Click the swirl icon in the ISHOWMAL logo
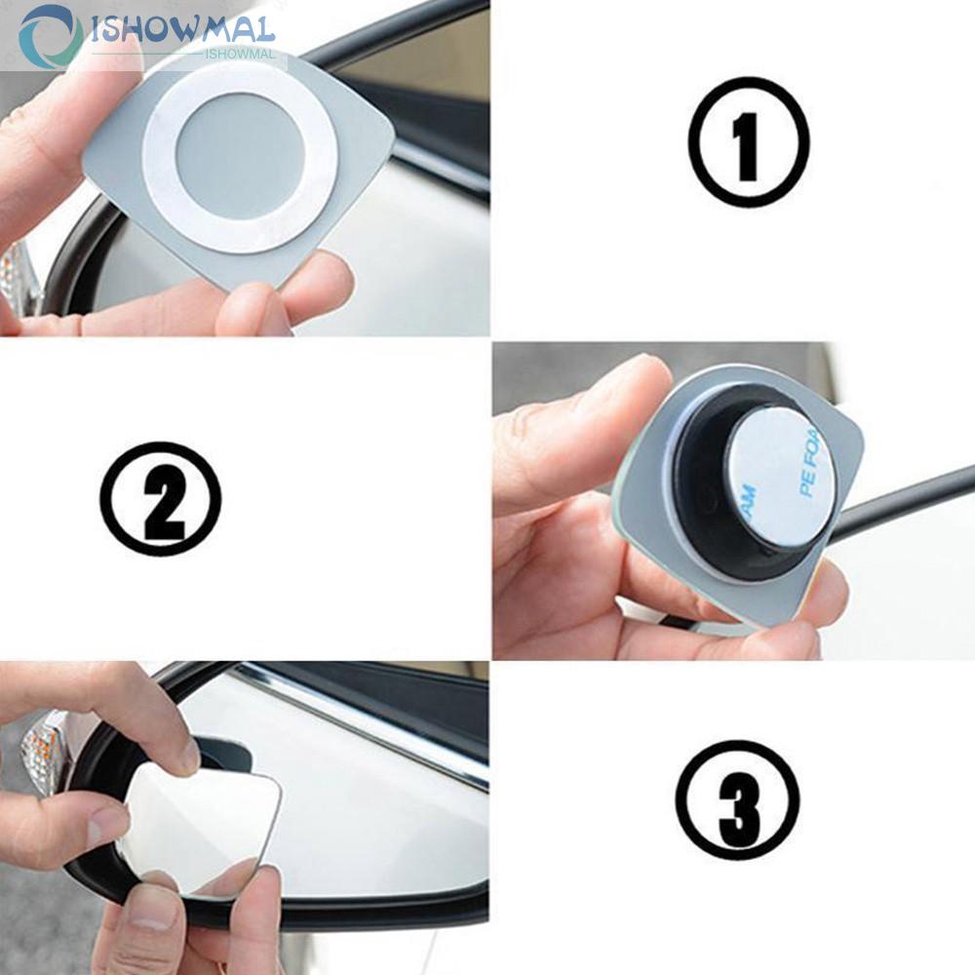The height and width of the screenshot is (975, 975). [x=50, y=37]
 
